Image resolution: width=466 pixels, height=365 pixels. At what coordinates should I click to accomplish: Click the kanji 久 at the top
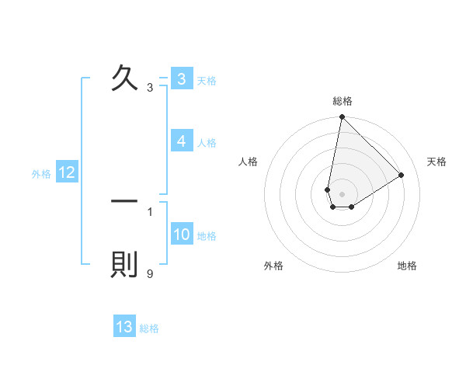(x=124, y=78)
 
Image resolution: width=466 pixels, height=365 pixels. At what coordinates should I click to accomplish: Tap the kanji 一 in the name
(x=124, y=201)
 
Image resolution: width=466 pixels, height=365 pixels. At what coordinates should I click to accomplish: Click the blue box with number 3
(x=181, y=79)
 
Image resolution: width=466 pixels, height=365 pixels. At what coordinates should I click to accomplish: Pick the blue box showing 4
(x=181, y=141)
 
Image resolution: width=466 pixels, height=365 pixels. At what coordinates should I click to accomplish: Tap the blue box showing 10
(x=182, y=235)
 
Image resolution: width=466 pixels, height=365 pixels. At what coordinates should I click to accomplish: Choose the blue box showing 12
(x=66, y=173)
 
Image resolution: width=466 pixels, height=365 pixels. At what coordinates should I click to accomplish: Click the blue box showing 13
(x=124, y=327)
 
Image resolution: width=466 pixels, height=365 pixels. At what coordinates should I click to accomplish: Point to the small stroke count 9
(x=150, y=273)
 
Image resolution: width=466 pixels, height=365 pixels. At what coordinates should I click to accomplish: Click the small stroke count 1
(x=150, y=211)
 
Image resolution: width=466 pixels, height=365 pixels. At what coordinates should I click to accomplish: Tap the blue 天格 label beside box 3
(x=207, y=80)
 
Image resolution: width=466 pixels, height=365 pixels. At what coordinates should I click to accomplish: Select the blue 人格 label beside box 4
(x=207, y=142)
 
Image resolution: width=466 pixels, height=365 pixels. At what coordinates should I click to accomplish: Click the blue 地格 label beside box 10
(x=207, y=235)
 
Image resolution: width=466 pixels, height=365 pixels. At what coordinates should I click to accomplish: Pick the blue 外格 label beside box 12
(x=41, y=174)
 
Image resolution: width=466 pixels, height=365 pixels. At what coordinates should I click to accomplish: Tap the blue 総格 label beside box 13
(x=149, y=328)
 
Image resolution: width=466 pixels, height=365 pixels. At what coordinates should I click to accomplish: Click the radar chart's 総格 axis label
(x=343, y=101)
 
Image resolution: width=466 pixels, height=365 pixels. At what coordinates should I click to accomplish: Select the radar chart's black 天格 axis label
(x=436, y=162)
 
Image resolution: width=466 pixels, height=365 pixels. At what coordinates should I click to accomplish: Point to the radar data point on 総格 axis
(x=342, y=117)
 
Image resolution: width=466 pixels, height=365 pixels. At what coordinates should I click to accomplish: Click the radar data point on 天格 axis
(x=401, y=175)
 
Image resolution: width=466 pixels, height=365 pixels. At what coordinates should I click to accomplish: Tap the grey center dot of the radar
(x=342, y=194)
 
